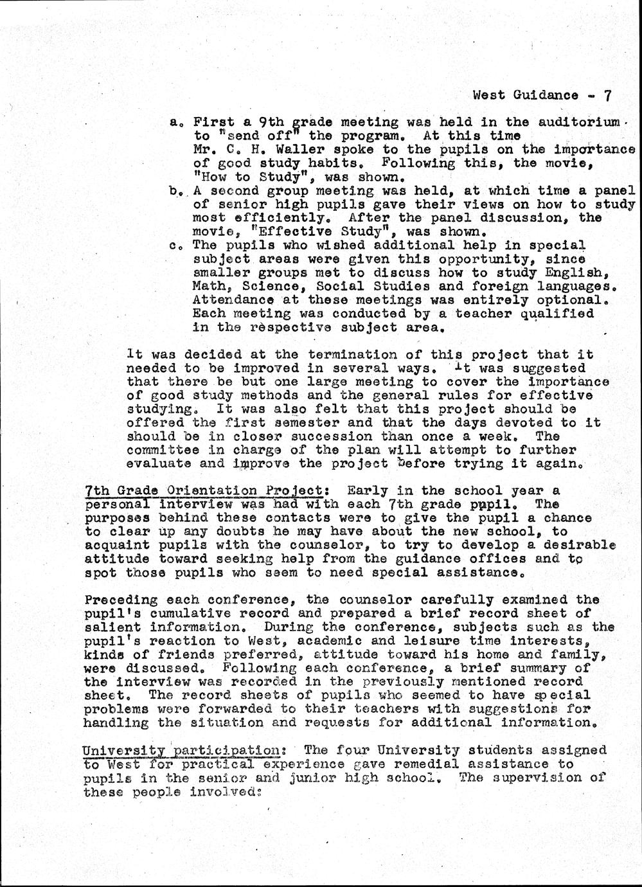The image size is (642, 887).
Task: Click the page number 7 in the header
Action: [x=607, y=95]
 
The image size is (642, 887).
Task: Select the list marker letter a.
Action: [x=174, y=121]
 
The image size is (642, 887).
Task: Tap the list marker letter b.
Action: [x=174, y=191]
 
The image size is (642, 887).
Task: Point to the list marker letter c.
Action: [x=174, y=246]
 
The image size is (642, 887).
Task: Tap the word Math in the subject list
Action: [x=209, y=287]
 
